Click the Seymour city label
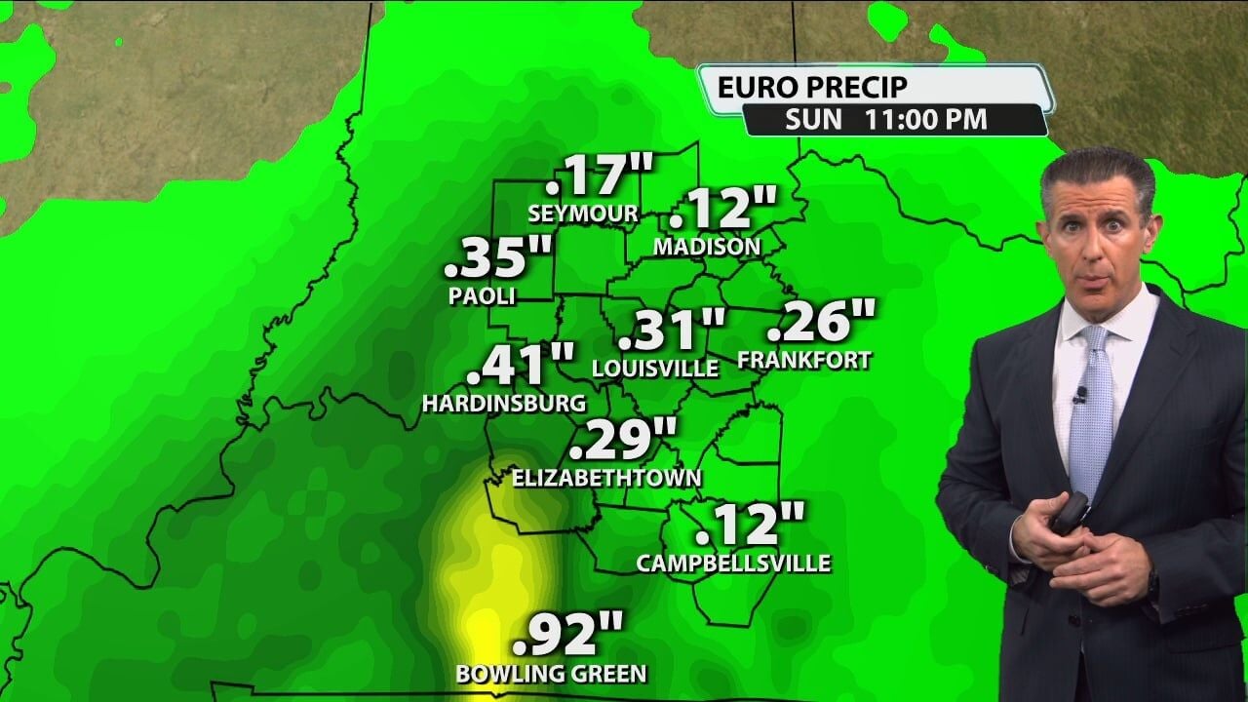[583, 213]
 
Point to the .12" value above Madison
[723, 209]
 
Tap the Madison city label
[707, 247]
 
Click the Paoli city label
[482, 295]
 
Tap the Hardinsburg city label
[504, 403]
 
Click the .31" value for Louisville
[673, 330]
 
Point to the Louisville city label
[656, 368]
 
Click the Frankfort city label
[804, 360]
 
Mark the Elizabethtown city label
[607, 478]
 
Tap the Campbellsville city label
[733, 563]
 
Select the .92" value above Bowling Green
[567, 636]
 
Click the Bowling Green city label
[551, 673]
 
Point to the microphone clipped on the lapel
[1079, 395]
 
